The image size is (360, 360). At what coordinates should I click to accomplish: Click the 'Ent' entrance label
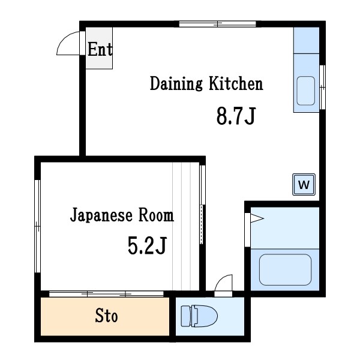point(100,49)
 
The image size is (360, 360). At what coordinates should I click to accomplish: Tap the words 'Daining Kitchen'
point(206,83)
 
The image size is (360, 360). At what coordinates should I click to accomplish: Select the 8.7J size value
point(236,116)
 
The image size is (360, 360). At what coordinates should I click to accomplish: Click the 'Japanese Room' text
point(122,215)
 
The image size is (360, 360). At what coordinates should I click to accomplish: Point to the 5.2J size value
point(146,245)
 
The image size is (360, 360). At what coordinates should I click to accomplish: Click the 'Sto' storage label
point(106,316)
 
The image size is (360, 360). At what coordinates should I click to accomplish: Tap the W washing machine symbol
point(304,185)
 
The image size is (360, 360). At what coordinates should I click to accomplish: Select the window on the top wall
point(218,25)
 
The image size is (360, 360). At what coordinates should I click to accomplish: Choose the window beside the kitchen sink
point(323,87)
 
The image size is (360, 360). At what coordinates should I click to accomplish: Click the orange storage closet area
point(72,316)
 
